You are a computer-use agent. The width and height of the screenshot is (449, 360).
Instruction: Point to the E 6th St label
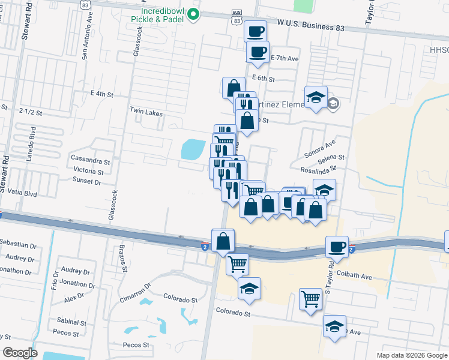(264, 79)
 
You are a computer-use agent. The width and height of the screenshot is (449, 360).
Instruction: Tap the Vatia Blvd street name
(22, 194)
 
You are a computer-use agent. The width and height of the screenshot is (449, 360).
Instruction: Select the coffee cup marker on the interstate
(337, 246)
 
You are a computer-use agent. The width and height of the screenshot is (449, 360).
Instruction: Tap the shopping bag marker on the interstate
(223, 240)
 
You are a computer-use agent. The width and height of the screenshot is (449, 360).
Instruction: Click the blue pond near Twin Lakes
(191, 149)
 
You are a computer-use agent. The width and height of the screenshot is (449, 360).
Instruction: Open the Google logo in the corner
(20, 353)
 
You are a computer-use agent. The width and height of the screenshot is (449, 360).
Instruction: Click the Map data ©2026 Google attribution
(412, 355)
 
